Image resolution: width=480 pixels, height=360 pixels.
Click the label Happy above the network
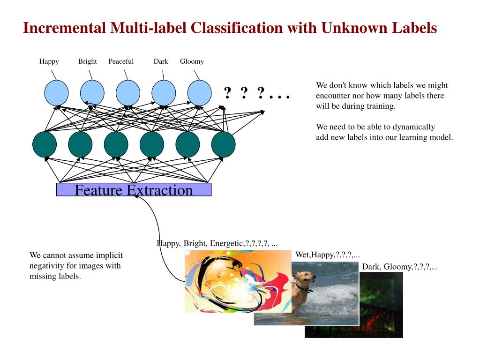tap(49, 61)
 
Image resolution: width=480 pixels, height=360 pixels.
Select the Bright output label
tap(87, 61)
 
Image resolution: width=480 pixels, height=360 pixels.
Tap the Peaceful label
tap(121, 61)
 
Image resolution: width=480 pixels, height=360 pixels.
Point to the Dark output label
tap(161, 61)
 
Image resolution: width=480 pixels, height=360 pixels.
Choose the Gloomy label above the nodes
tap(192, 61)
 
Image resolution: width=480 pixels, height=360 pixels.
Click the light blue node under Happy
tap(56, 92)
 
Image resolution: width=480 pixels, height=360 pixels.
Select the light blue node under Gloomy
tap(199, 92)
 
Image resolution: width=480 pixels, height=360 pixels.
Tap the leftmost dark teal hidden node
tap(45, 144)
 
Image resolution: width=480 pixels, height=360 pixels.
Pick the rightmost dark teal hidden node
tap(223, 144)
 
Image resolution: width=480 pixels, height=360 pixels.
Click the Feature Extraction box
tap(134, 190)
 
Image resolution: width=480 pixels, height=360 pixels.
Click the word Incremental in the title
tap(65, 28)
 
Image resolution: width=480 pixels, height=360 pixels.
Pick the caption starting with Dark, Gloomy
tap(399, 267)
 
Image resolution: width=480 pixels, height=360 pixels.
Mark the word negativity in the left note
tap(47, 266)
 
